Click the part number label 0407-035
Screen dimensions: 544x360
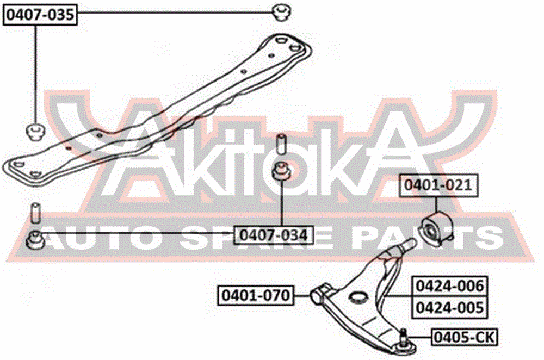40,15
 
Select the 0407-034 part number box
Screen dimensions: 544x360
274,235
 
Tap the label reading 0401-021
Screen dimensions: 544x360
438,185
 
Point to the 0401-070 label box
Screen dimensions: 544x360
256,295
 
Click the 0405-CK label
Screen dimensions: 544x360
464,337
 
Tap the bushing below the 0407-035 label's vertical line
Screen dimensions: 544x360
35,132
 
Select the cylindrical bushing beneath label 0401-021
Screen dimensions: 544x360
436,228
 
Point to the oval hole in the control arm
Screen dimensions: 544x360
357,297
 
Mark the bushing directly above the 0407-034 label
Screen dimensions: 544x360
281,171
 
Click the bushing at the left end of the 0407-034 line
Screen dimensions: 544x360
35,240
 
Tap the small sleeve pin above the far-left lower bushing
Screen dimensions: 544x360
35,212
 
